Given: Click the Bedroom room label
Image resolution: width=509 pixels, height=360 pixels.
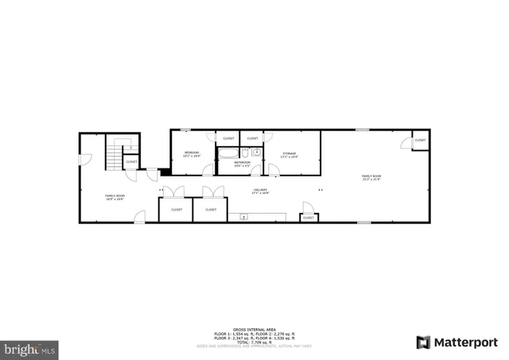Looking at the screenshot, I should click(191, 153).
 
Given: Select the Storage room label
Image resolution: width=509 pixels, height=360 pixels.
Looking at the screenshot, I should click(289, 153).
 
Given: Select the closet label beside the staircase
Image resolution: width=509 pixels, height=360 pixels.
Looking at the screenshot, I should click(131, 162).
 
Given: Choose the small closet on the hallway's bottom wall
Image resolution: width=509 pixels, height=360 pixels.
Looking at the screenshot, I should click(308, 217).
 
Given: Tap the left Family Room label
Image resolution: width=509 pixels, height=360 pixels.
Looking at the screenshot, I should click(115, 196).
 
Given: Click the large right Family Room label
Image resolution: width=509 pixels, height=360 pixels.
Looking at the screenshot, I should click(371, 177).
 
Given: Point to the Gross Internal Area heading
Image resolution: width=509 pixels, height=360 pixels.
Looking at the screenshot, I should click(254, 329).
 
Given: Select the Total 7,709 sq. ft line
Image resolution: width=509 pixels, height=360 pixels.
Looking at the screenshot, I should click(254, 341).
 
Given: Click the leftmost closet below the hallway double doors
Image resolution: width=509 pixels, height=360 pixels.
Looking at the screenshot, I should click(176, 210).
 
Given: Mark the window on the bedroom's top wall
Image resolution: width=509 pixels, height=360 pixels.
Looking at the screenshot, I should click(186, 130).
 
